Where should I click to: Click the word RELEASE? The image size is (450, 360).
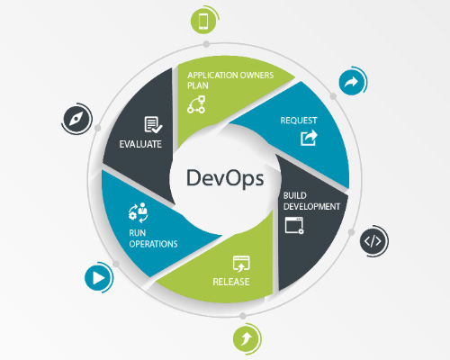pyautogui.click(x=231, y=282)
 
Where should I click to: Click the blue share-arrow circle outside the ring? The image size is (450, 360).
pyautogui.click(x=350, y=83)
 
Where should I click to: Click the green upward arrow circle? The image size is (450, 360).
pyautogui.click(x=244, y=338)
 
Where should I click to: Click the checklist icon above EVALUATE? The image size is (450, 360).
pyautogui.click(x=151, y=124)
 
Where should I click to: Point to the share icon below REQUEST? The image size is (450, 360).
pyautogui.click(x=309, y=138)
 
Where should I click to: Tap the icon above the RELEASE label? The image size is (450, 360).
pyautogui.click(x=240, y=264)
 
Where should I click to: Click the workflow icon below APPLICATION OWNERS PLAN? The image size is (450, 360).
pyautogui.click(x=196, y=105)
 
